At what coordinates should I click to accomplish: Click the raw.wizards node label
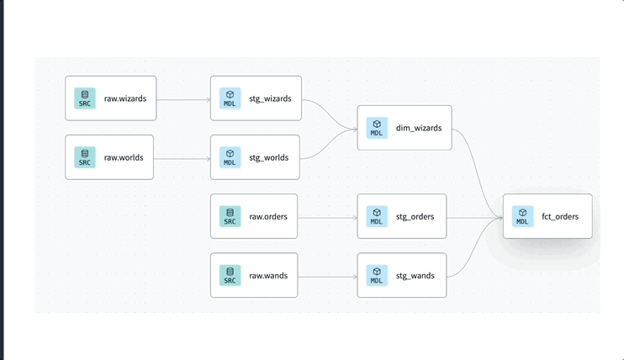pyautogui.click(x=125, y=98)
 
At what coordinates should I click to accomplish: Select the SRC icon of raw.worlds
pyautogui.click(x=85, y=157)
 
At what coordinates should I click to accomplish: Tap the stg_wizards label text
pyautogui.click(x=270, y=98)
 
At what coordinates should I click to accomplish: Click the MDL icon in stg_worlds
pyautogui.click(x=230, y=157)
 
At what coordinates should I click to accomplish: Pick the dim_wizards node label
pyautogui.click(x=418, y=128)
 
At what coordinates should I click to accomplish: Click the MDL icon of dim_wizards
pyautogui.click(x=377, y=128)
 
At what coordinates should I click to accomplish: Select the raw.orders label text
pyautogui.click(x=268, y=216)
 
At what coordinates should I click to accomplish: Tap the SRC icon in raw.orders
pyautogui.click(x=230, y=216)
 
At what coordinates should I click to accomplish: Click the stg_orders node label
pyautogui.click(x=415, y=216)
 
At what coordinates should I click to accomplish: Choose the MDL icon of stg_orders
pyautogui.click(x=377, y=216)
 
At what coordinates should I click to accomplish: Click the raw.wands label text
pyautogui.click(x=268, y=275)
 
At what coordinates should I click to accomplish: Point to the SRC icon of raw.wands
pyautogui.click(x=230, y=275)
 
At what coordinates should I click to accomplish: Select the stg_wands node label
pyautogui.click(x=415, y=275)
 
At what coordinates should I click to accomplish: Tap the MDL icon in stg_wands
pyautogui.click(x=377, y=275)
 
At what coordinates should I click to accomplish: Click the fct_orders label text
pyautogui.click(x=560, y=216)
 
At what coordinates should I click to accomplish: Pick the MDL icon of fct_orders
pyautogui.click(x=522, y=216)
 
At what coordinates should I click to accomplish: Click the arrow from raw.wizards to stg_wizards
pyautogui.click(x=183, y=99)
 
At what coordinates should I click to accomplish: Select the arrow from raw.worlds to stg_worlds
pyautogui.click(x=182, y=158)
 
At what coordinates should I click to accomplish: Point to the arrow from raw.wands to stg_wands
pyautogui.click(x=328, y=276)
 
